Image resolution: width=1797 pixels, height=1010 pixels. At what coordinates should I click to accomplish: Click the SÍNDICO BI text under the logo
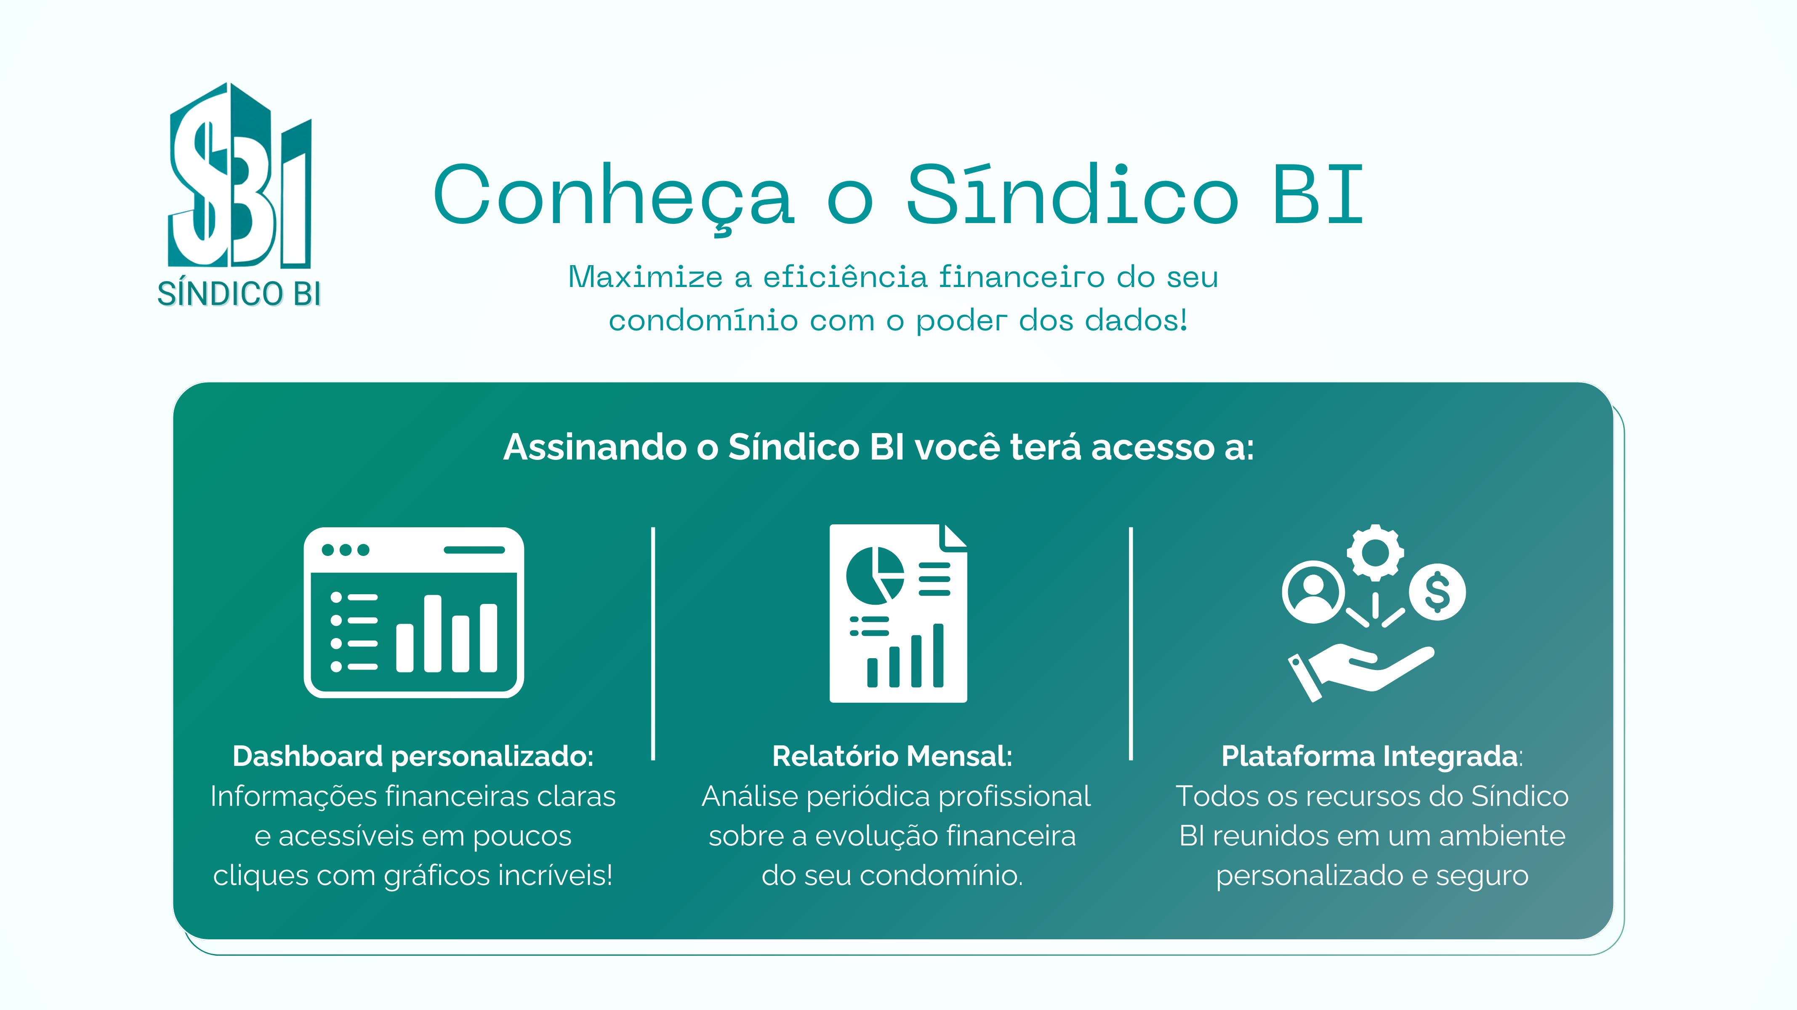(x=239, y=294)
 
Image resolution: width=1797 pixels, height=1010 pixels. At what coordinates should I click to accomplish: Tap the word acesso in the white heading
(x=1153, y=447)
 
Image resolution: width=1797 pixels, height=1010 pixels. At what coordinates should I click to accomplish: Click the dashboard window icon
(x=414, y=612)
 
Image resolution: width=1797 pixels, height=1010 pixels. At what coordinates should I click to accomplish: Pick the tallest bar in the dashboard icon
(x=432, y=633)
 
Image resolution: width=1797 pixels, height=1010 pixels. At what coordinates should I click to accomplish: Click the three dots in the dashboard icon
(x=345, y=550)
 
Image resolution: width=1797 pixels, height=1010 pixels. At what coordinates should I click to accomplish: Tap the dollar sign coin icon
(x=1437, y=592)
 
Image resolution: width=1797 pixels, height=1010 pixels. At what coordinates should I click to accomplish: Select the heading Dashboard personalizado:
(x=413, y=756)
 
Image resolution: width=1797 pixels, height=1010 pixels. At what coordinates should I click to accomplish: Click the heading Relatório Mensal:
(x=892, y=756)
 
